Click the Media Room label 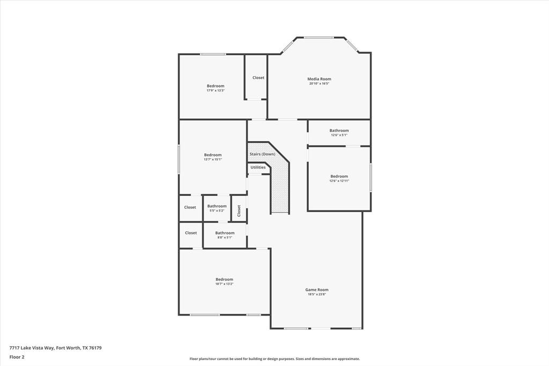(x=319, y=79)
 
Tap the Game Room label (x=317, y=290)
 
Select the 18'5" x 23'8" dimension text (x=317, y=295)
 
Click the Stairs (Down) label (x=262, y=155)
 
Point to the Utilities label (x=258, y=167)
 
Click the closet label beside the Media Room (x=258, y=78)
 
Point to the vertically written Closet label (x=239, y=210)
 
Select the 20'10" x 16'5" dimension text (x=319, y=84)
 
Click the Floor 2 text (x=17, y=357)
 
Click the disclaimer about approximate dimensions (x=274, y=359)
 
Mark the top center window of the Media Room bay (x=319, y=38)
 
